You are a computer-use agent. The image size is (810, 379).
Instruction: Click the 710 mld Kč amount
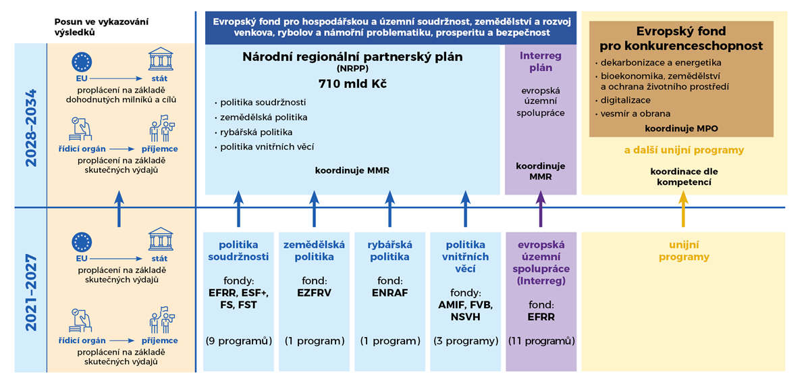click(352, 84)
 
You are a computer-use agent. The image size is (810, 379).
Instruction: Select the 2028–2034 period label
click(31, 128)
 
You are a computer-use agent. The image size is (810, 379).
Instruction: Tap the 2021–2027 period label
click(31, 293)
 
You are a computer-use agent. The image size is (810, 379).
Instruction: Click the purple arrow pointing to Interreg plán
click(541, 209)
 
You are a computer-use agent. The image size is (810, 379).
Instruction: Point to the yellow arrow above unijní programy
click(683, 209)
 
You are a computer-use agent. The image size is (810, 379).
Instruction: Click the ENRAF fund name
click(390, 293)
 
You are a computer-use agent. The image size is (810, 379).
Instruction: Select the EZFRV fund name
click(314, 293)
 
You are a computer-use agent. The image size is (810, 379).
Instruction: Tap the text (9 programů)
click(239, 341)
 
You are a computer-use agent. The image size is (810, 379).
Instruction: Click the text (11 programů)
click(541, 341)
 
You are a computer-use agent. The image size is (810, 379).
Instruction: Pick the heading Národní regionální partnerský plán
click(352, 57)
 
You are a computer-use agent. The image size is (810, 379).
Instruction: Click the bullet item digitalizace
click(625, 100)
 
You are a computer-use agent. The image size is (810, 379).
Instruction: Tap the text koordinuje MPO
click(681, 128)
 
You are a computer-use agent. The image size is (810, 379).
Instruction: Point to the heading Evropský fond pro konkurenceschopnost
click(681, 39)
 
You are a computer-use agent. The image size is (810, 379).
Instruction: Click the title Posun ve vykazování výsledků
click(101, 27)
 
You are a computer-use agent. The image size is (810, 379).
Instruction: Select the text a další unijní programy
click(684, 150)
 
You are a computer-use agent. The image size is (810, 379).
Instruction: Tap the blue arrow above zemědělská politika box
click(314, 209)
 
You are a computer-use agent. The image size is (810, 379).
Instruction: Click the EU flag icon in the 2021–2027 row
click(82, 242)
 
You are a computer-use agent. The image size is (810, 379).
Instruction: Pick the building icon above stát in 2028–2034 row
click(161, 59)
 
